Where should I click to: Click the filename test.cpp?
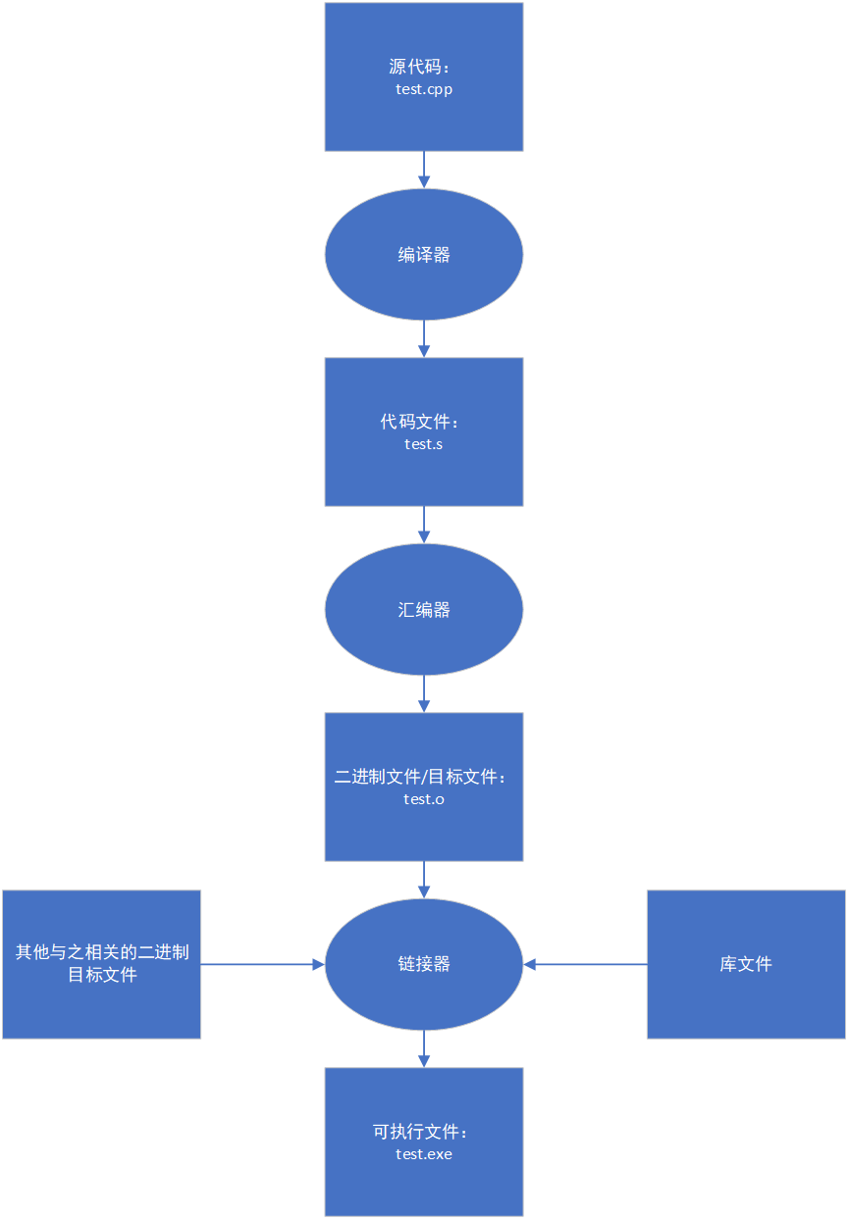click(x=424, y=89)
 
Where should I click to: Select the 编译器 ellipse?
click(x=424, y=254)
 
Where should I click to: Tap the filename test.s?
click(x=424, y=444)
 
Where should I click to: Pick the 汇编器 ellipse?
click(x=424, y=610)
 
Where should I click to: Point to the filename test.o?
click(x=424, y=799)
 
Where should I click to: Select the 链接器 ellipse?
click(x=424, y=964)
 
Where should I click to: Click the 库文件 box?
click(x=746, y=964)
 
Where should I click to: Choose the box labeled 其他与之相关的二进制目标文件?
click(x=102, y=963)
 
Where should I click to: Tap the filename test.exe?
click(x=424, y=1154)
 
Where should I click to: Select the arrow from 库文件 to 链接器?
click(x=585, y=965)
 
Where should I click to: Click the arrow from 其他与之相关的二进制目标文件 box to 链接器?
click(x=263, y=965)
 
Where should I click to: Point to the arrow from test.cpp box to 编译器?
click(x=424, y=170)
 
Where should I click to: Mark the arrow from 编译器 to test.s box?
click(x=424, y=338)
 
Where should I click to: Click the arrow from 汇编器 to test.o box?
click(x=424, y=693)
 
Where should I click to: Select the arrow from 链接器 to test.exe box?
click(x=424, y=1048)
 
